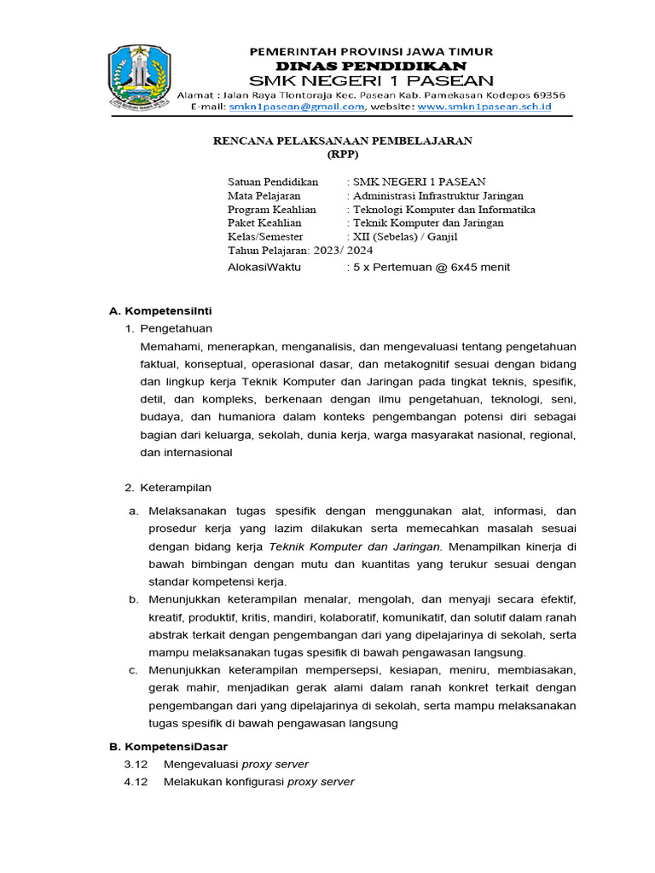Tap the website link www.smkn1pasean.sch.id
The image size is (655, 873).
(x=484, y=107)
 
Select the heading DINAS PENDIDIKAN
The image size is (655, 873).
(x=370, y=66)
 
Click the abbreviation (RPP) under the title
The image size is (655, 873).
(x=343, y=154)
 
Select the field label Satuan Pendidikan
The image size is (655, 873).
(x=273, y=182)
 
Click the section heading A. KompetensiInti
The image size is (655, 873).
(x=160, y=310)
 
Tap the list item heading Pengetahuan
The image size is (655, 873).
(x=176, y=328)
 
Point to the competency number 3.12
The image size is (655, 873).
(x=136, y=764)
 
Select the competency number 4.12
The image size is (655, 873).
(x=136, y=782)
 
